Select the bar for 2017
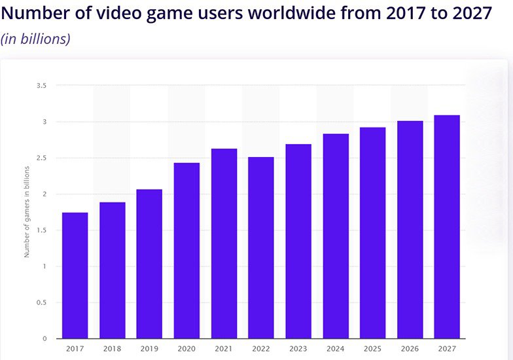point(75,276)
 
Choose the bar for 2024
point(336,236)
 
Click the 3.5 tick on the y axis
point(43,86)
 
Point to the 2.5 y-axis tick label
point(43,158)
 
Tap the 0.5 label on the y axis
point(43,302)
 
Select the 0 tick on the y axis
point(45,338)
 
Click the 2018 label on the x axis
point(112,350)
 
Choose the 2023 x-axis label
point(298,350)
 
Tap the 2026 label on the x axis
point(410,350)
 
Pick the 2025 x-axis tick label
point(372,350)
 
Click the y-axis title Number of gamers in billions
point(27,211)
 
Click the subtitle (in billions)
point(35,39)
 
